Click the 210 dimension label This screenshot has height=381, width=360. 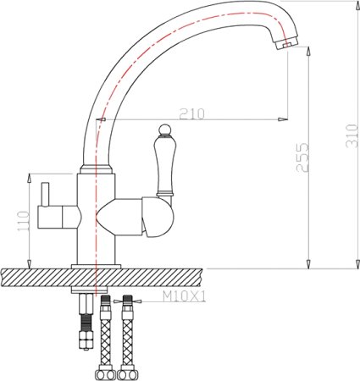pyautogui.click(x=191, y=113)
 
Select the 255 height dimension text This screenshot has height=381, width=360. pyautogui.click(x=302, y=157)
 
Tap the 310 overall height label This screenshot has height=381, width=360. pyautogui.click(x=352, y=135)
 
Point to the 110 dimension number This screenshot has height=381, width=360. pyautogui.click(x=24, y=221)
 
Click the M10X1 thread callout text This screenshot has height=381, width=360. pyautogui.click(x=185, y=296)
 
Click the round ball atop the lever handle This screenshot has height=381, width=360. pyautogui.click(x=164, y=130)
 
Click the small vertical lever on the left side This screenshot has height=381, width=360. pyautogui.click(x=45, y=194)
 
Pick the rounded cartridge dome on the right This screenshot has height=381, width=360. pyautogui.click(x=158, y=217)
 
